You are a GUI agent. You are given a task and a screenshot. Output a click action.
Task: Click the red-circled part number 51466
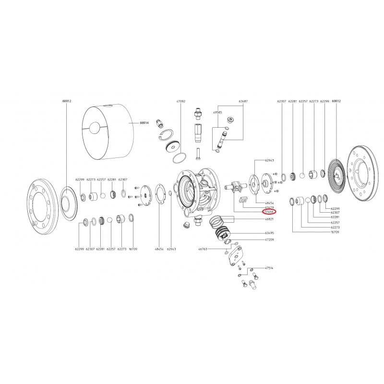pos(269,212)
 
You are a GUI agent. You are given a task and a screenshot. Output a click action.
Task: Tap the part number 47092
pos(180,102)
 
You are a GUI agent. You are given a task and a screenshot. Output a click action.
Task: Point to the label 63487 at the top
pos(243,102)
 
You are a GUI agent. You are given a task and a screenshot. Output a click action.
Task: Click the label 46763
pos(203,250)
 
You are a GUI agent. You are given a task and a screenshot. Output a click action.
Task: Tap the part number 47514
pos(269,269)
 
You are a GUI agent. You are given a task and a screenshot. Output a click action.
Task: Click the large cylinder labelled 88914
pos(108,132)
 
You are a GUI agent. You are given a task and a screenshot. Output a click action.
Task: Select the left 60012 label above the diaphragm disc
pos(66,102)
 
